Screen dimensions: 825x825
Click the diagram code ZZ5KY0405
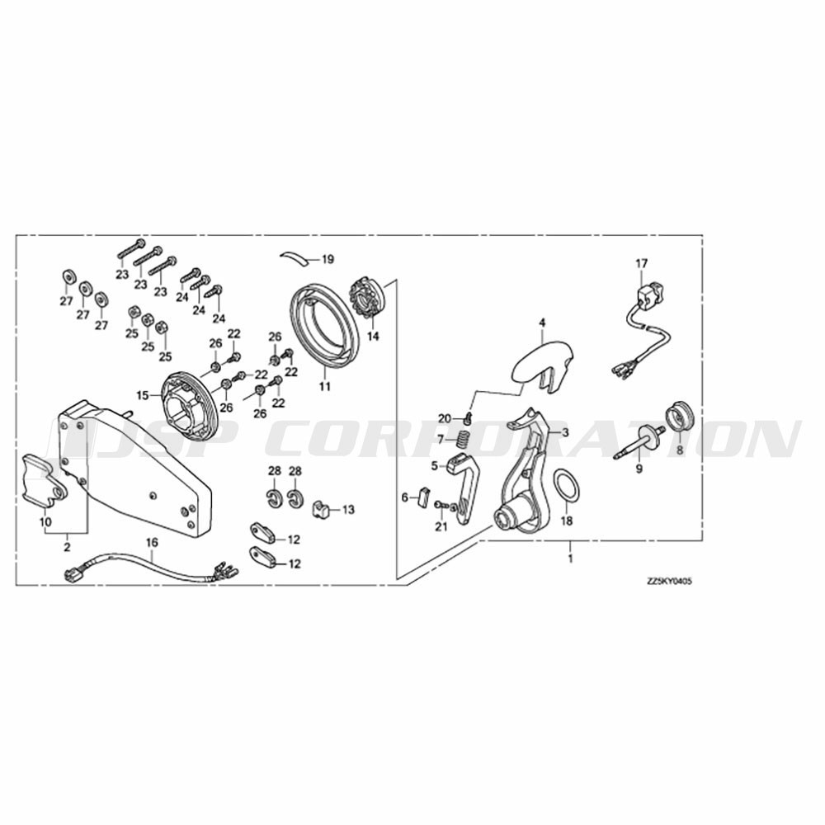coord(669,582)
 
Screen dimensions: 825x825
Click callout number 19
coord(328,259)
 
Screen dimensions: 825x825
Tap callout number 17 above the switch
coord(642,263)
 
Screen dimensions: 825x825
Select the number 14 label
coord(373,336)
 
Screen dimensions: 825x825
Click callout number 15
coord(143,394)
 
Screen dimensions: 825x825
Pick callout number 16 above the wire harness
coord(152,542)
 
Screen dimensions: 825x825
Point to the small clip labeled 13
coord(320,509)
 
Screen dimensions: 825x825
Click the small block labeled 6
coord(423,497)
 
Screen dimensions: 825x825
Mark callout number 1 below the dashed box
coord(570,557)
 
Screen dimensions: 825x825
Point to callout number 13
coord(348,509)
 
